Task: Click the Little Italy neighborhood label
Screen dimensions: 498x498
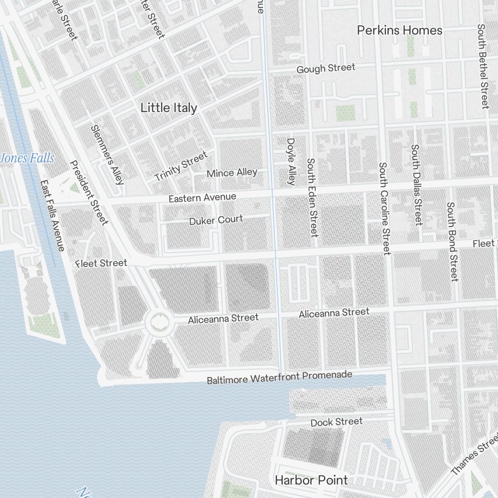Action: [169, 108]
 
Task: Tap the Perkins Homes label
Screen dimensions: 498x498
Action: [399, 30]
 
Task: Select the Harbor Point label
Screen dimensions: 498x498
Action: [311, 480]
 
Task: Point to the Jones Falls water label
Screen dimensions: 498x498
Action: [27, 158]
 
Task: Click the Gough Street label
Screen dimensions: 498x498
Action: [326, 68]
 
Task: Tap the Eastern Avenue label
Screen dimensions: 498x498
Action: [202, 198]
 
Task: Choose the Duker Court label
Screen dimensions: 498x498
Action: [216, 220]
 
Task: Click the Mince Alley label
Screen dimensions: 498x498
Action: [232, 173]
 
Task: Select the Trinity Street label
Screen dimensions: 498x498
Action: [181, 167]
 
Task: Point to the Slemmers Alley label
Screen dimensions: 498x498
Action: [107, 154]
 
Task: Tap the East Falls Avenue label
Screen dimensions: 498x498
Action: [52, 216]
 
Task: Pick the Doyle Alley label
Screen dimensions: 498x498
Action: [291, 161]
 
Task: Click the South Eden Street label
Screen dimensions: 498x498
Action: [312, 197]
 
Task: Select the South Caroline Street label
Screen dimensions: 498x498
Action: [383, 208]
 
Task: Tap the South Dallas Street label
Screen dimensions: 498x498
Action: [416, 185]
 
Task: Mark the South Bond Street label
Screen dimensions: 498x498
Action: [452, 242]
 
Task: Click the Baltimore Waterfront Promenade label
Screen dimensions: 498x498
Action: [279, 377]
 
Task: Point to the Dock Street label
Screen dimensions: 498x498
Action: [337, 422]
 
